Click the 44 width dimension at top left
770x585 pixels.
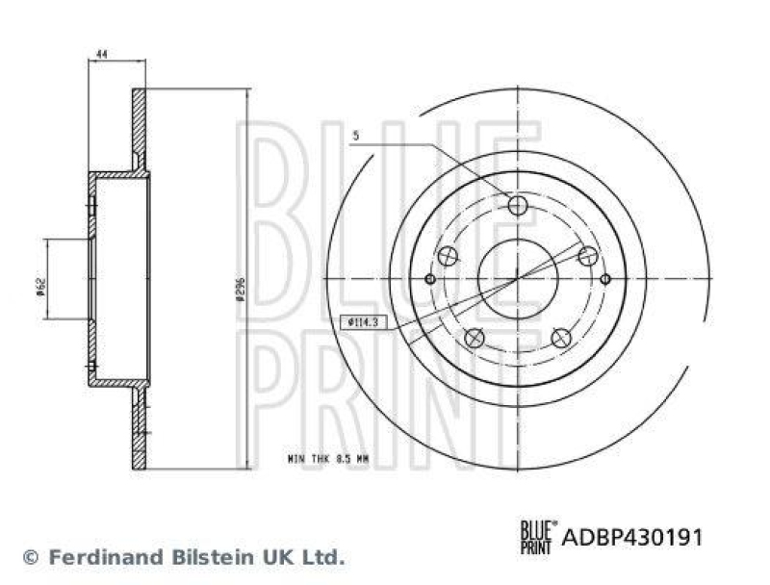[100, 56]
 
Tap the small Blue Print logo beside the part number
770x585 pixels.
[537, 535]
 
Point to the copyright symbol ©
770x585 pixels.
[31, 557]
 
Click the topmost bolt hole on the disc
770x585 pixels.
[518, 205]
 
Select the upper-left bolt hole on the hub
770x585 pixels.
[447, 256]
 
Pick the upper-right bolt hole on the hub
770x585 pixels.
[588, 256]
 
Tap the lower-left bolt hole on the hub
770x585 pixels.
[474, 338]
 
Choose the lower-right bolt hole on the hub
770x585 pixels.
[561, 338]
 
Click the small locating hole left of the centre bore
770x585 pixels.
[430, 279]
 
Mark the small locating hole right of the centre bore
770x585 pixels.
[604, 279]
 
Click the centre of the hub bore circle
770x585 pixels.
[518, 279]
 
